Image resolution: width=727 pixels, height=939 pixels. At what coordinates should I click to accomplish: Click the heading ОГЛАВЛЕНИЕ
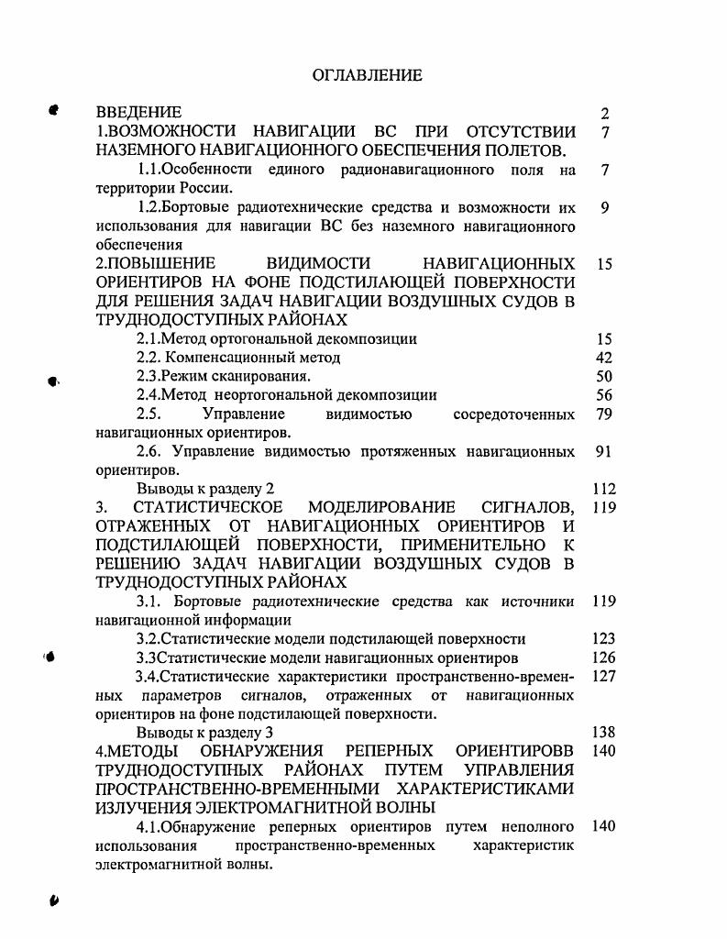tap(368, 75)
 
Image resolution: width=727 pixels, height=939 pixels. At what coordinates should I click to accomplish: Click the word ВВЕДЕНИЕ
tap(138, 113)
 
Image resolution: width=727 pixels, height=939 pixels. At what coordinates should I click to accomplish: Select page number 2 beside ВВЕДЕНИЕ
tap(604, 114)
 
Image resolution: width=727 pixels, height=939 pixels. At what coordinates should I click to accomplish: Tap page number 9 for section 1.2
tap(604, 208)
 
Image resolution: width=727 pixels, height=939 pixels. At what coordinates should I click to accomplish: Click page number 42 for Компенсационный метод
tap(603, 358)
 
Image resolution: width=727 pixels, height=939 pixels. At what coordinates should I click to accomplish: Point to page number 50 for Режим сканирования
tap(603, 376)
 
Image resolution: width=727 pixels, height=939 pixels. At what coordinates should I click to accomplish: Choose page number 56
tap(603, 395)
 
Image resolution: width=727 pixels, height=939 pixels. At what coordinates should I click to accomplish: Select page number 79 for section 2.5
tap(603, 414)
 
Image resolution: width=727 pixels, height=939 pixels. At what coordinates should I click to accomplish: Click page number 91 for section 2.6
tap(603, 451)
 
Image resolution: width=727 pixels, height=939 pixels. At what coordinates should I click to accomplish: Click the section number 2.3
tap(148, 376)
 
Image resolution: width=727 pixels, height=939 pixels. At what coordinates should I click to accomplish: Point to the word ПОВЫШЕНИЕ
tap(156, 264)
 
